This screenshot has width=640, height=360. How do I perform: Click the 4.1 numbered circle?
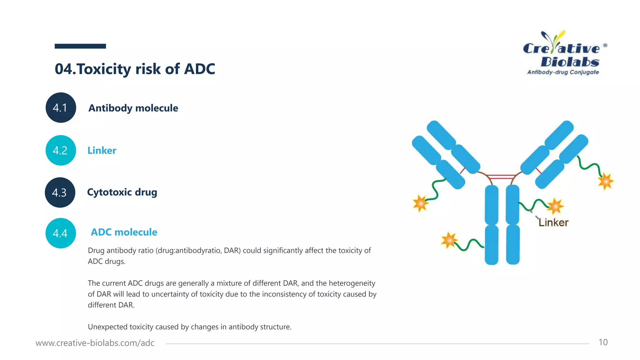61,107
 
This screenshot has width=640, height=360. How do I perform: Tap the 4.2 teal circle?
61,150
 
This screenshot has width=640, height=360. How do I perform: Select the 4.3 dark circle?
60,192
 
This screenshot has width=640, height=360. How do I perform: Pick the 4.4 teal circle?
61,233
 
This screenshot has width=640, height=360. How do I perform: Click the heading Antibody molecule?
133,108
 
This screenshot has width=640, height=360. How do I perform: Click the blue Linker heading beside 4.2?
102,151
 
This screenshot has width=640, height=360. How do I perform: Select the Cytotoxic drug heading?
122,192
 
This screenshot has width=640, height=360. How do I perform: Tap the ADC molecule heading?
124,232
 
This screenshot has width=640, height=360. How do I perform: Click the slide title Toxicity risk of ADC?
135,69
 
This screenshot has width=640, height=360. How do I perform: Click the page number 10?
603,342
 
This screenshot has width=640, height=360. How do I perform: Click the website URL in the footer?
95,343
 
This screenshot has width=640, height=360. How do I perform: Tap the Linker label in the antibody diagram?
553,222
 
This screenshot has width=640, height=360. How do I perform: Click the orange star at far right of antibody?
605,181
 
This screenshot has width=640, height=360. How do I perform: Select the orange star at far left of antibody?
420,203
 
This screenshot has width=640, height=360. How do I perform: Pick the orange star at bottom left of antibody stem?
449,240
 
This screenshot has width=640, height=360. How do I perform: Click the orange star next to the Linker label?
555,206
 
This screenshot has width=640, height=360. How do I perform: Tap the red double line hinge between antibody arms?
501,177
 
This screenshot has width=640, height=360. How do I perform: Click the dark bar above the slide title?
80,46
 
